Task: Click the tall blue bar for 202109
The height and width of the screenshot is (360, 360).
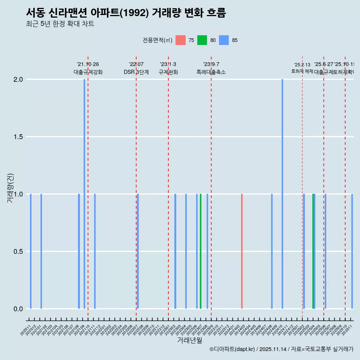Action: (84, 194)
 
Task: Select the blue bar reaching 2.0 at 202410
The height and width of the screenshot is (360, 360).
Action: (282, 194)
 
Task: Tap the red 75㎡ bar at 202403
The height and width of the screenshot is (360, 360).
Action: (242, 251)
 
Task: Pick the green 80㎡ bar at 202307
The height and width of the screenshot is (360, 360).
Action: (201, 251)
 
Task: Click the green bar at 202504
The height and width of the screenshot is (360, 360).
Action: (313, 251)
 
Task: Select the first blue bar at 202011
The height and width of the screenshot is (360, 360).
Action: (31, 251)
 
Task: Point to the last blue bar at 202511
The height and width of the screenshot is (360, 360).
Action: (352, 251)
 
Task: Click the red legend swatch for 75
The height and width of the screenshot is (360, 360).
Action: (180, 40)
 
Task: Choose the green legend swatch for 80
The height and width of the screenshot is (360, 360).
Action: (202, 40)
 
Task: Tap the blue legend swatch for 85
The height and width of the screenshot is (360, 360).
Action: (224, 40)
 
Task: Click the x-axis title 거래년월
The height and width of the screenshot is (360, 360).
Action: (190, 340)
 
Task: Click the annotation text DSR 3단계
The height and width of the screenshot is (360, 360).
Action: (136, 72)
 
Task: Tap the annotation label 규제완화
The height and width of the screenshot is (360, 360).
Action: (168, 72)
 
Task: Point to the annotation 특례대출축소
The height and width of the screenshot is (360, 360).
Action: (211, 72)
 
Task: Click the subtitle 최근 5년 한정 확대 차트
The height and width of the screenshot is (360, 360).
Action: (60, 24)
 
